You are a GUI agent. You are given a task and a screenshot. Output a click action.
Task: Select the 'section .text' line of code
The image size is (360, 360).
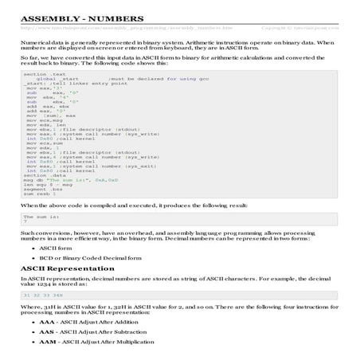point(41,72)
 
